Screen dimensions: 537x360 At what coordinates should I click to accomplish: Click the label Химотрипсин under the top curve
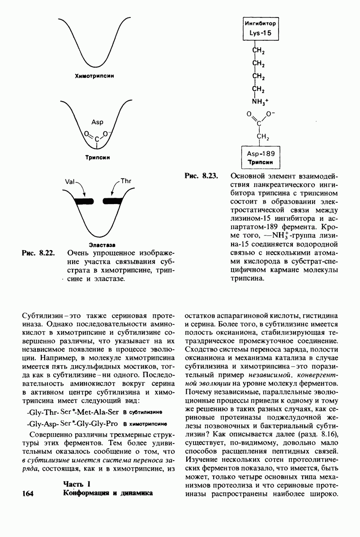pos(94,76)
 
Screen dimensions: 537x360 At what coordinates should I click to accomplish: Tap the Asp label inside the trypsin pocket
pos(97,122)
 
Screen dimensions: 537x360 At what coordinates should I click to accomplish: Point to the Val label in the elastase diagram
pos(70,183)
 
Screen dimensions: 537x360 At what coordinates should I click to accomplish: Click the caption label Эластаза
pos(102,245)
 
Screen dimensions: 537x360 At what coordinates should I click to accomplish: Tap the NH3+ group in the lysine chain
pos(259,101)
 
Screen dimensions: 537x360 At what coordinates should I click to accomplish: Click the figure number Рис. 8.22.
pos(38,253)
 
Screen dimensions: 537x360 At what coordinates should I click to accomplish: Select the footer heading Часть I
pos(77,484)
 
